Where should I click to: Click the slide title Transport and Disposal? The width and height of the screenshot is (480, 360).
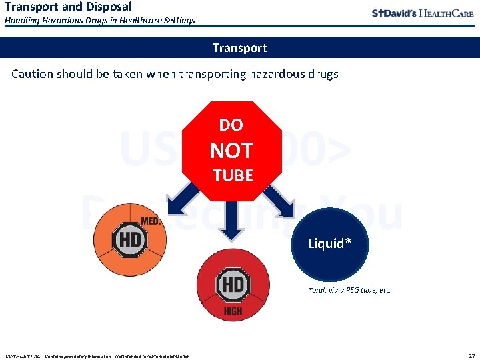[68, 7]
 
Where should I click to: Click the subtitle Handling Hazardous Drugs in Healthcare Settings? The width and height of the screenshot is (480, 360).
[100, 21]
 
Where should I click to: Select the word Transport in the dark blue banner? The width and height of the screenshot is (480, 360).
[239, 48]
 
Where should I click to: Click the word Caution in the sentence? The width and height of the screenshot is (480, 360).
[33, 74]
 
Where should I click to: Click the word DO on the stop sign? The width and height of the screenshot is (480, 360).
[231, 125]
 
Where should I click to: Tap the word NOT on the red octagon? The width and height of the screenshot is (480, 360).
[231, 151]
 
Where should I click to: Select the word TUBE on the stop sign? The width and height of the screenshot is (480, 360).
[232, 176]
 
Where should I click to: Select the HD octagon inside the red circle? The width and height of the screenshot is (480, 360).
[233, 285]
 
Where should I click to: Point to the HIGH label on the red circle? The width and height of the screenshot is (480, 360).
[233, 311]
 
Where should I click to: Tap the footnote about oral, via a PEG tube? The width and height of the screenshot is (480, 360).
[349, 290]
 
